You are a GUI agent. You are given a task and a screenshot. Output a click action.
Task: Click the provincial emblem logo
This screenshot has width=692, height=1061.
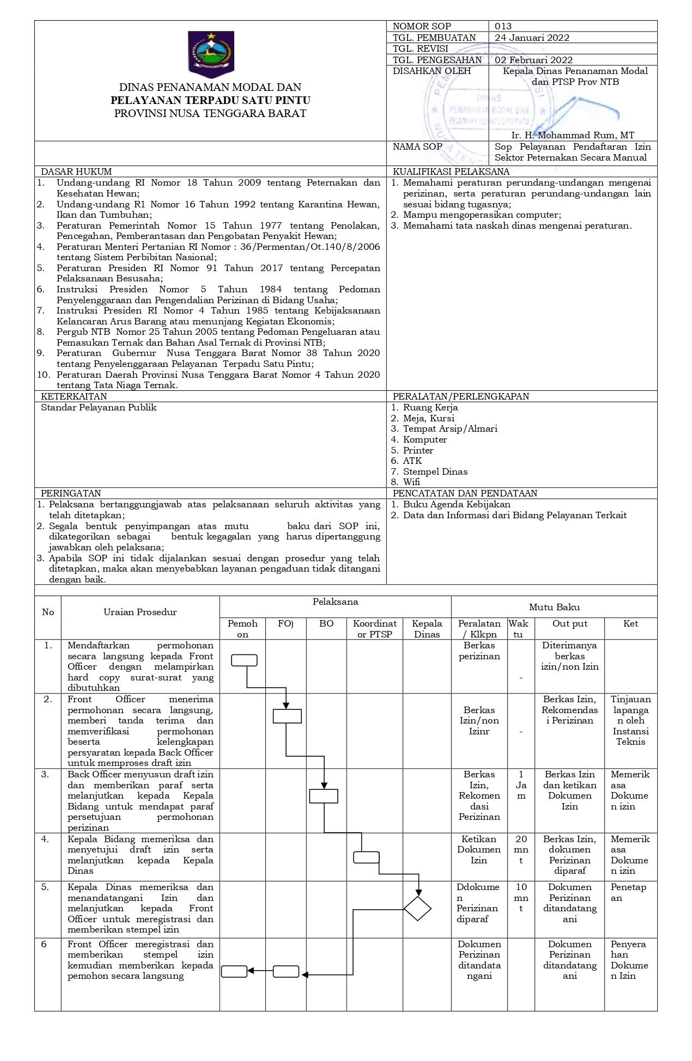(x=211, y=53)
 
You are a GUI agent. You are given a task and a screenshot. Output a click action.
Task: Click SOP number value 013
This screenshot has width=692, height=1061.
(x=503, y=26)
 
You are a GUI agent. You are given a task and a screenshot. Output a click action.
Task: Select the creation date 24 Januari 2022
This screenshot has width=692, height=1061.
(x=532, y=38)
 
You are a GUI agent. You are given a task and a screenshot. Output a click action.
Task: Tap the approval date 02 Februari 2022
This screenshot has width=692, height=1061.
(x=533, y=60)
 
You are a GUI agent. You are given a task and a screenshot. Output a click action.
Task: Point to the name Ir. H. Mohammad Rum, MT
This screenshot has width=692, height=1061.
(x=573, y=135)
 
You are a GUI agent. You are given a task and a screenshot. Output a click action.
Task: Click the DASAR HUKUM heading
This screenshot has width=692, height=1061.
(x=76, y=171)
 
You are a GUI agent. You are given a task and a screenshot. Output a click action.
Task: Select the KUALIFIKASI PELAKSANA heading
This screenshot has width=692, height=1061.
(x=451, y=171)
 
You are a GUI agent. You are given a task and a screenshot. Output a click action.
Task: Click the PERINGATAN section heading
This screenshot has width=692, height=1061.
(x=71, y=493)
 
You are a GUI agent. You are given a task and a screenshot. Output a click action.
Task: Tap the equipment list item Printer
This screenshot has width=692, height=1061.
(x=418, y=450)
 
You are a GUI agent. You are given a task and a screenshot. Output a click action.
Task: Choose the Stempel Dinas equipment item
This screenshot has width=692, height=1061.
(x=435, y=471)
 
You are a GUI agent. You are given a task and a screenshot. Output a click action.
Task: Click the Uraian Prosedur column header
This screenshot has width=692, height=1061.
(x=140, y=612)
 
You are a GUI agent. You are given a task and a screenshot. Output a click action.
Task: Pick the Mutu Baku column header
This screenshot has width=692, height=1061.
(x=554, y=607)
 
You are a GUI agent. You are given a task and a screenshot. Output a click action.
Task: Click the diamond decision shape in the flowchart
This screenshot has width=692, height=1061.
(x=418, y=909)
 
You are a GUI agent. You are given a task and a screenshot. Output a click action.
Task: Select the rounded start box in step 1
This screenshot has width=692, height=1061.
(x=244, y=660)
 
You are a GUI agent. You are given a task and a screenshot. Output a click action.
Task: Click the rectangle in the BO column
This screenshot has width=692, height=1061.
(x=324, y=796)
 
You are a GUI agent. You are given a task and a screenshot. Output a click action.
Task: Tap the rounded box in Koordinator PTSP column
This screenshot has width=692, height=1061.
(x=366, y=857)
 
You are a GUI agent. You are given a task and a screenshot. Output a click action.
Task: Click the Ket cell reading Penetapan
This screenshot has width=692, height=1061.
(x=628, y=892)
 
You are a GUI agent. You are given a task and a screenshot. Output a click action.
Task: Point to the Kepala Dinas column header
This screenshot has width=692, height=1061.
(x=427, y=629)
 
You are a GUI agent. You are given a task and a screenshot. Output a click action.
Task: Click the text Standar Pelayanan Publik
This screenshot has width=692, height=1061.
(x=99, y=407)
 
